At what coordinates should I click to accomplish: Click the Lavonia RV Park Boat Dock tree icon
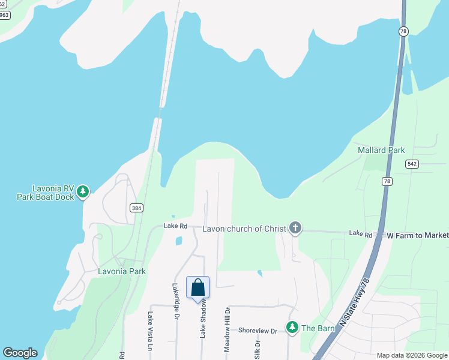(x=83, y=192)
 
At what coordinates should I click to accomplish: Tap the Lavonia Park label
(x=122, y=271)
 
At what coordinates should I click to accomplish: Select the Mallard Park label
(x=381, y=150)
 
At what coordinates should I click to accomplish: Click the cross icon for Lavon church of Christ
(x=295, y=228)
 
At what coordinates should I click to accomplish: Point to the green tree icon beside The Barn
(x=292, y=328)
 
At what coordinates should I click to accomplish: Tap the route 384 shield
(x=136, y=208)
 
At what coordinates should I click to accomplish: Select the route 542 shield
(x=412, y=164)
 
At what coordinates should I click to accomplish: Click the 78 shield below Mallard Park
(x=387, y=181)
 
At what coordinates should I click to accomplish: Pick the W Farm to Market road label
(x=417, y=235)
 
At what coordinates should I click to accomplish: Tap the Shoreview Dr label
(x=258, y=331)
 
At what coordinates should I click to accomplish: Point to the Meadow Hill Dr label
(x=228, y=329)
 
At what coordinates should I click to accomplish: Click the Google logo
(x=20, y=353)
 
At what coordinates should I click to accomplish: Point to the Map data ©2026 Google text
(x=412, y=355)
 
